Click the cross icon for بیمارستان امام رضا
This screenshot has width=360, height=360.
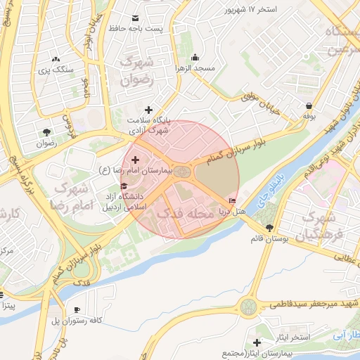(x=136, y=161)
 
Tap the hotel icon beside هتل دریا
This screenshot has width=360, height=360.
(x=233, y=201)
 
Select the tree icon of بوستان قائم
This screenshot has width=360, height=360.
(x=271, y=229)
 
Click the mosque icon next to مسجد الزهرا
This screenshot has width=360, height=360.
(x=195, y=58)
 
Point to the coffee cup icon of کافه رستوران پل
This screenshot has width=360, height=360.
(x=77, y=310)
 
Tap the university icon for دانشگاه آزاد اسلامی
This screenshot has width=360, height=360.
(x=124, y=186)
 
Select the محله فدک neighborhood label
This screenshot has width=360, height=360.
(x=184, y=212)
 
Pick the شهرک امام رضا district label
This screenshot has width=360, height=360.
(x=71, y=198)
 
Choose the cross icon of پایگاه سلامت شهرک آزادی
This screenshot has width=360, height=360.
(x=148, y=110)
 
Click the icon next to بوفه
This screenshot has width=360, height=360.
(x=309, y=103)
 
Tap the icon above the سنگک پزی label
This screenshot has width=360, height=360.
(x=56, y=60)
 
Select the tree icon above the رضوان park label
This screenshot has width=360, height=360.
(x=46, y=131)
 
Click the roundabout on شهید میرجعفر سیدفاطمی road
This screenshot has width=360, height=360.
(x=248, y=307)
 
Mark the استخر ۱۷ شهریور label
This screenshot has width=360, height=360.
(x=251, y=9)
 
